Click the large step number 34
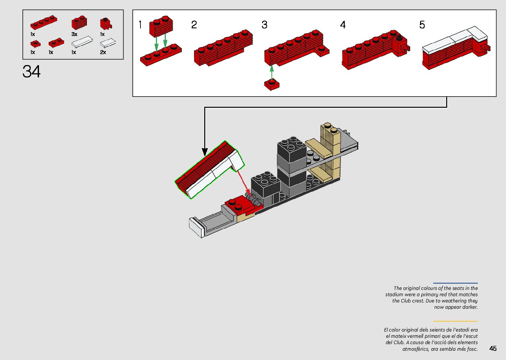point(31,71)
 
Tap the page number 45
point(493,348)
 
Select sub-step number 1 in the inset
point(140,25)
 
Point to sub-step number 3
point(264,25)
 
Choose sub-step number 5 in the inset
point(422,25)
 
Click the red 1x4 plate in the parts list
point(44,22)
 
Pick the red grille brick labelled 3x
point(79,22)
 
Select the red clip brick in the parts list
point(106,24)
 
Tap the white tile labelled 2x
point(108,43)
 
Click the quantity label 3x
point(74,34)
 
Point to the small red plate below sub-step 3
point(272,85)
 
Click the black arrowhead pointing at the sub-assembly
point(205,152)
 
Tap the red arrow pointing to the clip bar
point(244,183)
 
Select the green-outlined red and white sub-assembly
point(210,170)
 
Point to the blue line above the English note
point(455,283)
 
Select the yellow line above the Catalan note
point(455,321)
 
